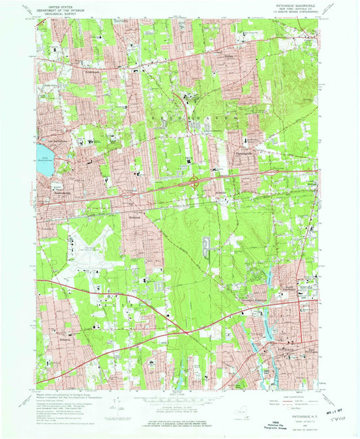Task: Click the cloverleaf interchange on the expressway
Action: (194, 181)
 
